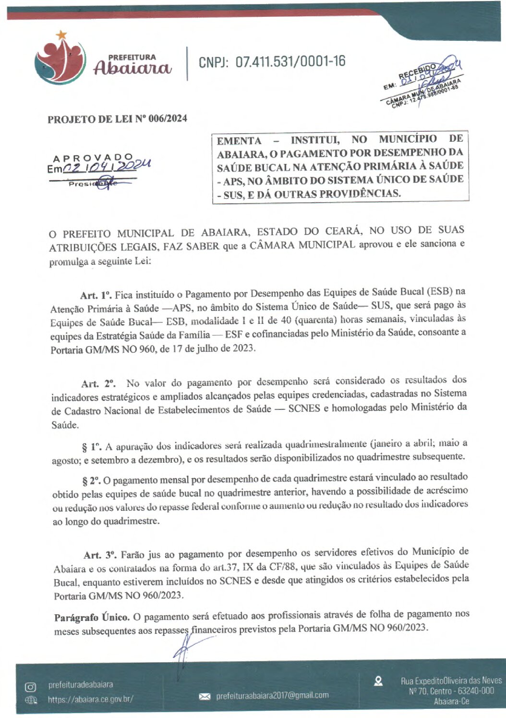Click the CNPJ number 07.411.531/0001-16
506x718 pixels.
point(272,62)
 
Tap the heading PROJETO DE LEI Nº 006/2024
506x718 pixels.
point(117,119)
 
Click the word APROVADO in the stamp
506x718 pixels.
point(93,158)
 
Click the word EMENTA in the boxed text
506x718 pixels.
point(239,141)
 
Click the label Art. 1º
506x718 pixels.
point(96,295)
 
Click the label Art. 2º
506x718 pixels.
point(98,384)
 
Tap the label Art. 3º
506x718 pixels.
point(100,555)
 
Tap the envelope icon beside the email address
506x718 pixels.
point(205,696)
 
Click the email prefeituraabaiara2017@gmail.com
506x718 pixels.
point(272,695)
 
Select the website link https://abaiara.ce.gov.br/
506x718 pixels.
point(90,700)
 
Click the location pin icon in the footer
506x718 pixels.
point(378,681)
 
